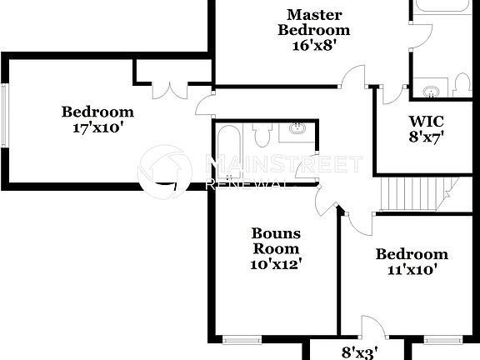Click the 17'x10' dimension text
coord(97,128)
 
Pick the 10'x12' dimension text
coord(276,264)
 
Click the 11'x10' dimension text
coord(412,269)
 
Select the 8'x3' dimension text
coord(360,352)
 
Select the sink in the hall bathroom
coord(297,128)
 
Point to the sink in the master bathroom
coord(430,91)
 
